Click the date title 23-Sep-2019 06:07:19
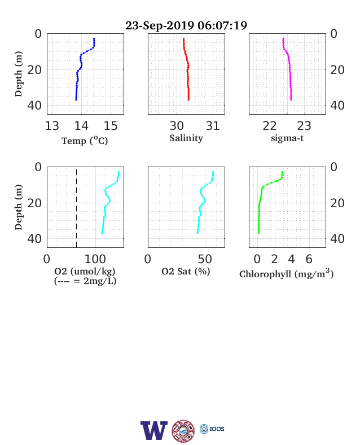coord(186,25)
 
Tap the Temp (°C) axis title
coord(85,141)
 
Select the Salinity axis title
coord(186,138)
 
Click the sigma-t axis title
coord(287,138)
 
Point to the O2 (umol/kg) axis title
coord(85,271)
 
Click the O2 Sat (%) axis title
coord(186,271)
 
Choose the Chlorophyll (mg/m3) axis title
coord(286,273)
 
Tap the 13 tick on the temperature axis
coord(52,126)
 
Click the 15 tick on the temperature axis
coord(111,126)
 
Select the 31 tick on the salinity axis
coord(213,126)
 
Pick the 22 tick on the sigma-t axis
coord(270,126)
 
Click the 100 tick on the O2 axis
coord(95,259)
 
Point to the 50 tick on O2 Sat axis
coord(205,259)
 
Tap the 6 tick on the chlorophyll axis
coord(309,259)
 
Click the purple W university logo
coord(154,430)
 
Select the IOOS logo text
coord(217,429)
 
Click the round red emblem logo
coord(183,431)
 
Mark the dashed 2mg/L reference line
coord(77,207)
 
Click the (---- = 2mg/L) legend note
coord(85,281)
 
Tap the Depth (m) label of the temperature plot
coord(19,74)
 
